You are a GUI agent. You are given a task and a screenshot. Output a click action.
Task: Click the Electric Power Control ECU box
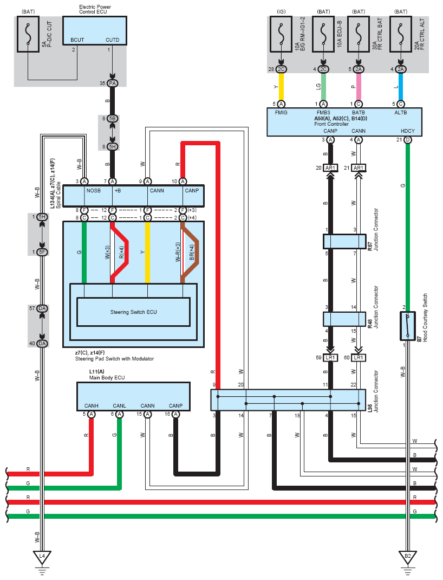pyautogui.click(x=95, y=31)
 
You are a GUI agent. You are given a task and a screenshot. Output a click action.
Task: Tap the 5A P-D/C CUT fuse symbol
pyautogui.click(x=28, y=34)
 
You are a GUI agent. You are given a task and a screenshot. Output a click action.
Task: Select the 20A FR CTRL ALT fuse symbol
pyautogui.click(x=401, y=34)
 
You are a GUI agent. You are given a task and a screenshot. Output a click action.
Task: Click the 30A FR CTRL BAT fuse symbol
pyautogui.click(x=359, y=34)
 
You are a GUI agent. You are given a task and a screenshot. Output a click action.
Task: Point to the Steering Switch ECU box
pyautogui.click(x=133, y=312)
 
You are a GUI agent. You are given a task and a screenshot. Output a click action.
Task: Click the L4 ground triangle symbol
pyautogui.click(x=42, y=557)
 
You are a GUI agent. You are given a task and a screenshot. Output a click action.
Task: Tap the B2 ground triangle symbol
pyautogui.click(x=408, y=557)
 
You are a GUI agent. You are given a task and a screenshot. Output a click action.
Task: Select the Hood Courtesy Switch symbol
pyautogui.click(x=408, y=326)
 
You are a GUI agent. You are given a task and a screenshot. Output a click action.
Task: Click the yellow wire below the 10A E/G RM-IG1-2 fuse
pyautogui.click(x=281, y=87)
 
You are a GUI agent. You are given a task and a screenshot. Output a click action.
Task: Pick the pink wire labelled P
pyautogui.click(x=359, y=87)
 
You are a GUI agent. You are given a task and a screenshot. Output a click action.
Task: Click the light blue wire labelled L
pyautogui.click(x=401, y=87)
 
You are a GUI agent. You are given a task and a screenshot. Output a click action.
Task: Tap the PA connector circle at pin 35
pyautogui.click(x=112, y=83)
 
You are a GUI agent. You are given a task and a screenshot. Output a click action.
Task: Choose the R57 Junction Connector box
pyautogui.click(x=344, y=242)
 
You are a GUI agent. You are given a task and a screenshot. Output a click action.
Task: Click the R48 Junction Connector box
pyautogui.click(x=344, y=319)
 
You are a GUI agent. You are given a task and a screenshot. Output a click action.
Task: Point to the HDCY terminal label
pyautogui.click(x=408, y=131)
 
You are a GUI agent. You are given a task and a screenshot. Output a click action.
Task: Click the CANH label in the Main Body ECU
pyautogui.click(x=92, y=406)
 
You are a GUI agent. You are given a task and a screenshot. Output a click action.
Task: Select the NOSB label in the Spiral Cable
pyautogui.click(x=94, y=190)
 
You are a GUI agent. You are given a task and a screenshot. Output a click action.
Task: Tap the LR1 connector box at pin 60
pyautogui.click(x=359, y=358)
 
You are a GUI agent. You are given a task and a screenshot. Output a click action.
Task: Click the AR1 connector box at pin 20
pyautogui.click(x=330, y=168)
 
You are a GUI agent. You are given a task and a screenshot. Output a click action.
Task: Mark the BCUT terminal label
pyautogui.click(x=77, y=40)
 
